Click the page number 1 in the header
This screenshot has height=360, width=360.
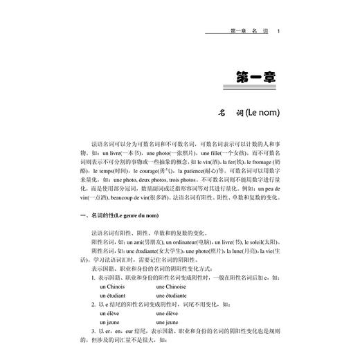[x=278, y=30]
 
